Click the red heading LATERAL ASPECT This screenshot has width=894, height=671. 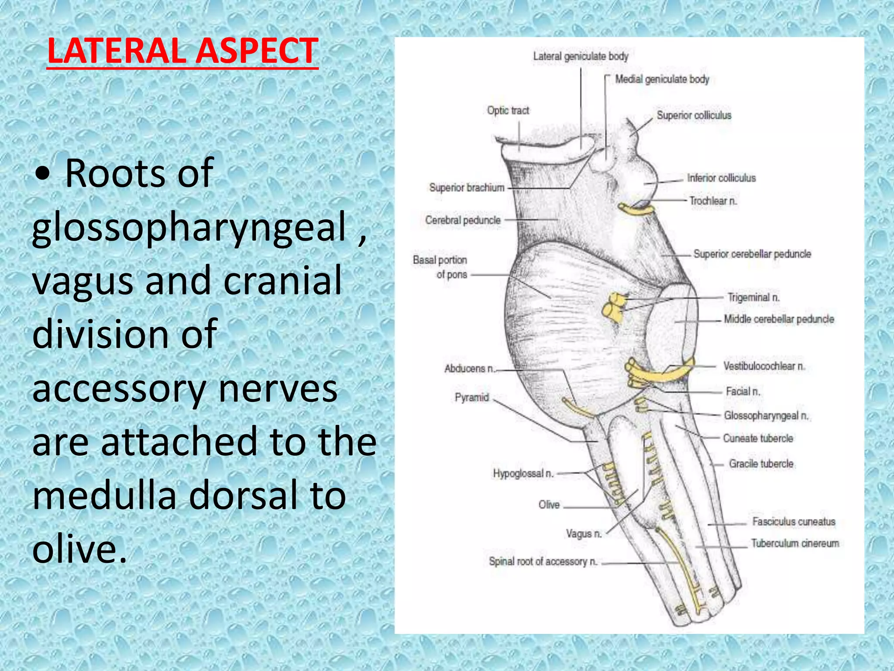tap(182, 52)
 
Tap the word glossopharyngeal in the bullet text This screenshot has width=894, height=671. tap(189, 227)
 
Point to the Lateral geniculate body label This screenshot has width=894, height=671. tap(581, 56)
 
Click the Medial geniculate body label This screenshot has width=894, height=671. tap(662, 80)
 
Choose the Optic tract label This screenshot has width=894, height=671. tap(508, 111)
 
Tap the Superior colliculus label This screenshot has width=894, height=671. tap(694, 115)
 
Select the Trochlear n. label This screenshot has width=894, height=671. tap(713, 201)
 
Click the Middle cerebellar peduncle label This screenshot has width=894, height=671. tap(779, 319)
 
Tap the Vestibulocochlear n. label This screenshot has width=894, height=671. tap(763, 366)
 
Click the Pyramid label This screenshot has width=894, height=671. tap(471, 398)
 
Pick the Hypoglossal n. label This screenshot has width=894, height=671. tap(523, 474)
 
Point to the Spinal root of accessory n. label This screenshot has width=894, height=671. tap(543, 561)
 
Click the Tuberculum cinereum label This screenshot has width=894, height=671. tap(794, 543)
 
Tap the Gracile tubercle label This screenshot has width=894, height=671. tap(761, 464)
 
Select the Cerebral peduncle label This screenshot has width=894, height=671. tap(463, 220)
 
